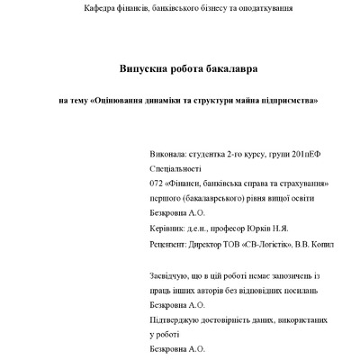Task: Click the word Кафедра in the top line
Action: (101, 8)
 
